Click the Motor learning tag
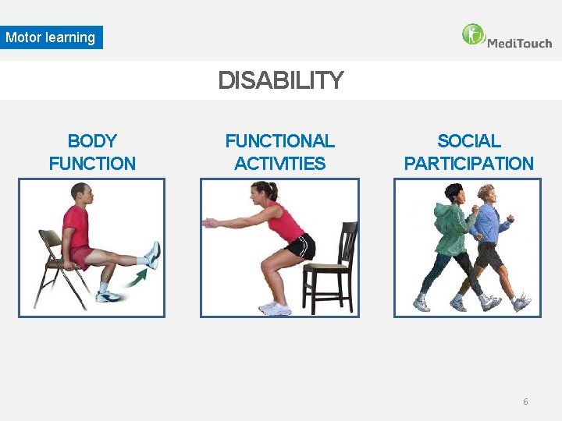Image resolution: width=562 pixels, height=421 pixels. point(51,37)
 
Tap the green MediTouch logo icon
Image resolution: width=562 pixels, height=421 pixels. point(473,34)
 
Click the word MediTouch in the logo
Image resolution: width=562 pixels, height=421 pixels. point(519,43)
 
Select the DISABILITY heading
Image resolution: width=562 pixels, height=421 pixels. point(280,80)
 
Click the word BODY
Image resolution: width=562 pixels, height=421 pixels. point(92,141)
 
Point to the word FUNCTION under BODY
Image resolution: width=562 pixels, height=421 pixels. point(92,164)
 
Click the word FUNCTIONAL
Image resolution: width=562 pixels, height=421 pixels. point(279,141)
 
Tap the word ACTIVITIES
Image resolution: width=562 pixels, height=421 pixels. point(279,164)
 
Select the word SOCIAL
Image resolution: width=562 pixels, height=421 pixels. point(468,141)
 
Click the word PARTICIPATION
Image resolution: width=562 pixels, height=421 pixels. point(468,164)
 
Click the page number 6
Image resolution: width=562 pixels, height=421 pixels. point(525,402)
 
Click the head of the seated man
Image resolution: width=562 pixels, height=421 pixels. point(80,193)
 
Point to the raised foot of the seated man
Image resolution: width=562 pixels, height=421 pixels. point(153,254)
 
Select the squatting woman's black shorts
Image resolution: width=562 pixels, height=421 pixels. point(301,247)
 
